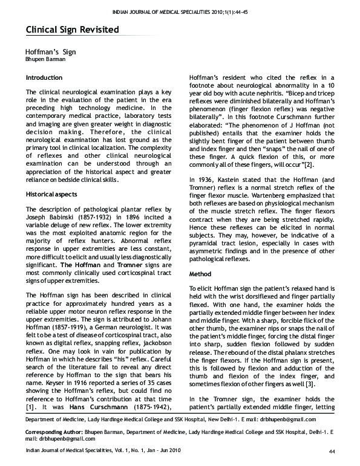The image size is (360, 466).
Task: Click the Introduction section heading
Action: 44,78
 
